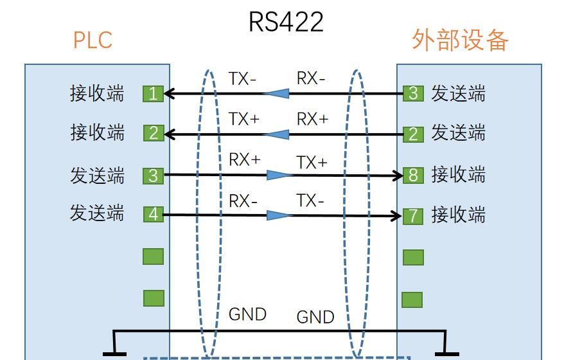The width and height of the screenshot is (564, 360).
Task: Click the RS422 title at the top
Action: point(286,21)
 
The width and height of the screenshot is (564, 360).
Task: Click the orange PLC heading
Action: point(93,40)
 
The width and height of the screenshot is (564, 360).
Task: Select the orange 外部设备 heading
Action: point(460,40)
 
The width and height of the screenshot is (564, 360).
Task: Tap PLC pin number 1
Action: point(153,94)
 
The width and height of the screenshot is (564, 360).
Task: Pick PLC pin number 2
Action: point(153,133)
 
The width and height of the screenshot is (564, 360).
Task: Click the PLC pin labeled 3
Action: point(153,175)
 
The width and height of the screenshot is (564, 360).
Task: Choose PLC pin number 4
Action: point(153,213)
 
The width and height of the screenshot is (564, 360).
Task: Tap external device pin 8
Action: point(413,175)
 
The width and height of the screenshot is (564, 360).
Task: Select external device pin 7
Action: point(413,215)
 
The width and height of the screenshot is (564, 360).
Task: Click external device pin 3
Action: point(413,93)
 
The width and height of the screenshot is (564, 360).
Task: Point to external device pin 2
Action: point(413,134)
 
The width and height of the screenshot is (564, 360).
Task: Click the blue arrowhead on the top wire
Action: point(276,94)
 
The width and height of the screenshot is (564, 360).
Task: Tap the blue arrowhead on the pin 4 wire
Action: point(279,215)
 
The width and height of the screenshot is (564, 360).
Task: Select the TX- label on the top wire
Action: point(242,79)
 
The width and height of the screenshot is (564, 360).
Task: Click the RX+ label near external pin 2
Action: point(312,119)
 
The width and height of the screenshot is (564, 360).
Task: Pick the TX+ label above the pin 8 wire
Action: point(312,163)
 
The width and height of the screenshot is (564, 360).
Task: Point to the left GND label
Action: point(247,314)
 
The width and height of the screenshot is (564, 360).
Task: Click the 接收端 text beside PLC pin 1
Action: point(97,94)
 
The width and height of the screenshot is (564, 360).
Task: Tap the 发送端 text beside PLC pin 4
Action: point(97,213)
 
